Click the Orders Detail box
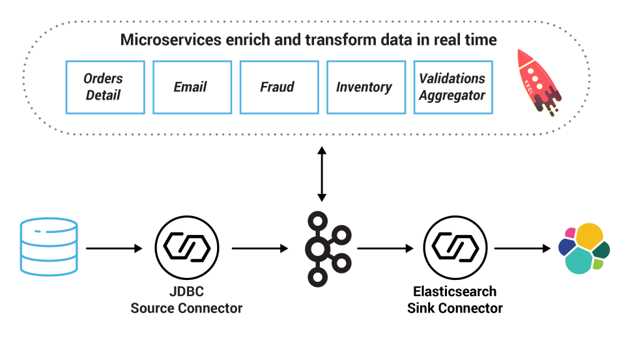(105, 87)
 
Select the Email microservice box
(192, 87)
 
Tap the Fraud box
(279, 87)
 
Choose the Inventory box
(365, 87)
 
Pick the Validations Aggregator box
(453, 87)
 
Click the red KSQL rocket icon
(538, 83)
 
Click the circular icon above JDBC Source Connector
(186, 247)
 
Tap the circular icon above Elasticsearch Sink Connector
(455, 247)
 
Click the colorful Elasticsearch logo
(584, 248)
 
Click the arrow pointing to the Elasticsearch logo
(522, 248)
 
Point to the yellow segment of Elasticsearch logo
(589, 236)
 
